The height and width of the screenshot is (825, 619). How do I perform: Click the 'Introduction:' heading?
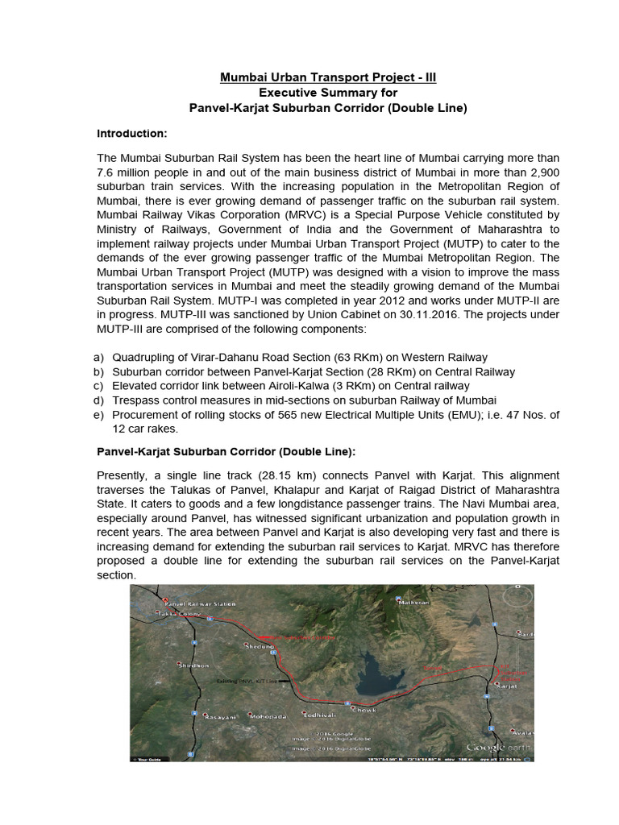click(x=131, y=132)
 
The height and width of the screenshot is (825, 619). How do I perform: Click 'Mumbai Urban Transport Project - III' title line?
click(x=329, y=77)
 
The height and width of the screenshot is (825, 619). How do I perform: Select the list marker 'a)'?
click(x=100, y=357)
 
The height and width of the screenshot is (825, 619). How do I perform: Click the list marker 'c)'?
click(x=100, y=386)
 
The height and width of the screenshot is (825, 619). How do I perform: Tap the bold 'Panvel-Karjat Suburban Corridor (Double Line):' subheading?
click(x=226, y=451)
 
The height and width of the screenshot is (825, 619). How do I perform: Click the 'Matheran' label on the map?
click(x=413, y=602)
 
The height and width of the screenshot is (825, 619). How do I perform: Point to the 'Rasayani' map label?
click(x=222, y=716)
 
